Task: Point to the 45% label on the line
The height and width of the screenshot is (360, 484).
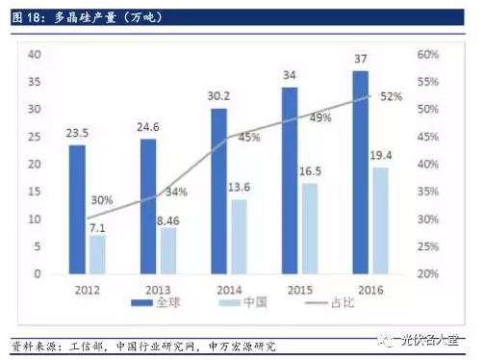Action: (x=249, y=137)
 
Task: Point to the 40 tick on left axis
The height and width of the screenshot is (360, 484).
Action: (x=34, y=54)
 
